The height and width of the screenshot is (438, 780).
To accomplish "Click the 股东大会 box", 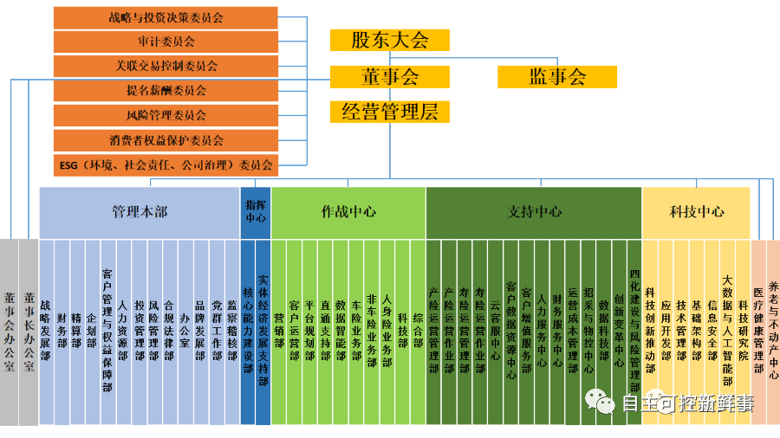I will [x=390, y=40].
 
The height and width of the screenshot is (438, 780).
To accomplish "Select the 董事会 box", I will [x=390, y=76].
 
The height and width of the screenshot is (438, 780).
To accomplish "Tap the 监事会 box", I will [x=557, y=76].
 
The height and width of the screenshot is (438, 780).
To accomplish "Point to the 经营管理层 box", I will [x=390, y=112].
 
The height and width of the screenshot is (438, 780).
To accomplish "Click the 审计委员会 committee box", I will [x=166, y=42].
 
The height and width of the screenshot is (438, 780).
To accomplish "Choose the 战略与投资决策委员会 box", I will [x=166, y=17].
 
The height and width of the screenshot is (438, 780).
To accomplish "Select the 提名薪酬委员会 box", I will [x=166, y=90].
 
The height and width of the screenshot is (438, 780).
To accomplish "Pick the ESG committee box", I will [x=166, y=164].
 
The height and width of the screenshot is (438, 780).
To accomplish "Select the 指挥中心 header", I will [x=256, y=211].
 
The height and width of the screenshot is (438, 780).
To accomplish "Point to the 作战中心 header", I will [x=348, y=211].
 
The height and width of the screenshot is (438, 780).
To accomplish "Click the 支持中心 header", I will [x=533, y=211].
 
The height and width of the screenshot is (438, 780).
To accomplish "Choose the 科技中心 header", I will [x=696, y=211].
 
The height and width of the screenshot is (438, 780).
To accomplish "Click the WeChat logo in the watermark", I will [x=597, y=401].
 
